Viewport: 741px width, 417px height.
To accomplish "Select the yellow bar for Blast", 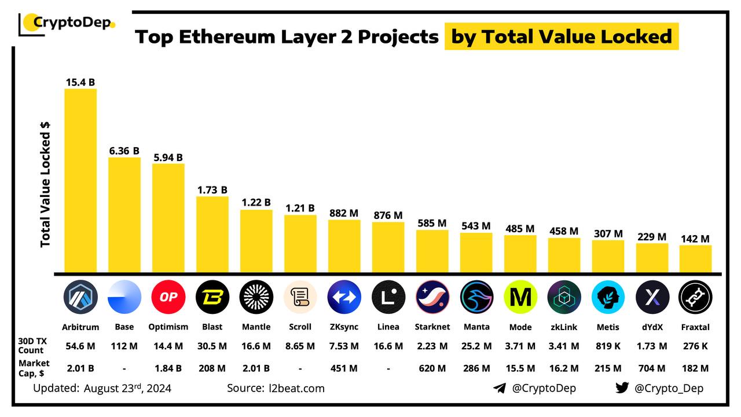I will tap(212, 235).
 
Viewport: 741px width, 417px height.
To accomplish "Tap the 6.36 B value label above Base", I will tap(124, 151).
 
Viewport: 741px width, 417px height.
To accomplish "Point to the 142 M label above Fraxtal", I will tap(695, 239).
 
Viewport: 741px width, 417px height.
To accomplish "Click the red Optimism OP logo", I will tap(168, 297).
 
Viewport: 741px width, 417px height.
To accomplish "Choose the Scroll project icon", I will tap(300, 297).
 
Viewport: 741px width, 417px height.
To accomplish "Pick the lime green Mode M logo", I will tap(520, 297).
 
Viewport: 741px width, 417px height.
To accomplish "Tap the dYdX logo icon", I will tap(652, 297).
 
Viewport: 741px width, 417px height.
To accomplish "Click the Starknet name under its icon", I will tap(432, 327).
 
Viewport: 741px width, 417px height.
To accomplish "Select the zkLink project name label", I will tap(564, 327).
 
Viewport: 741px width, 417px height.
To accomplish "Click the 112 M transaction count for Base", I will tap(124, 346).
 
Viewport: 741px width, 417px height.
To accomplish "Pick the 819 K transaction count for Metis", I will tap(608, 346).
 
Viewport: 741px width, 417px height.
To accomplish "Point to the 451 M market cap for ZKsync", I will tap(344, 368).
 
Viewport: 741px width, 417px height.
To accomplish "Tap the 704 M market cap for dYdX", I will tap(652, 368).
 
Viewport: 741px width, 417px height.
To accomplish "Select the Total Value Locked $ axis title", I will tap(46, 185).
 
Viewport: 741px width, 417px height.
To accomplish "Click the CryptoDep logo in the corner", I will tap(67, 24).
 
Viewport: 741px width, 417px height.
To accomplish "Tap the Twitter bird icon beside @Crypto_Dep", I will tap(622, 388).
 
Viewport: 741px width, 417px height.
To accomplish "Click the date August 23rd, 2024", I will tap(127, 388).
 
